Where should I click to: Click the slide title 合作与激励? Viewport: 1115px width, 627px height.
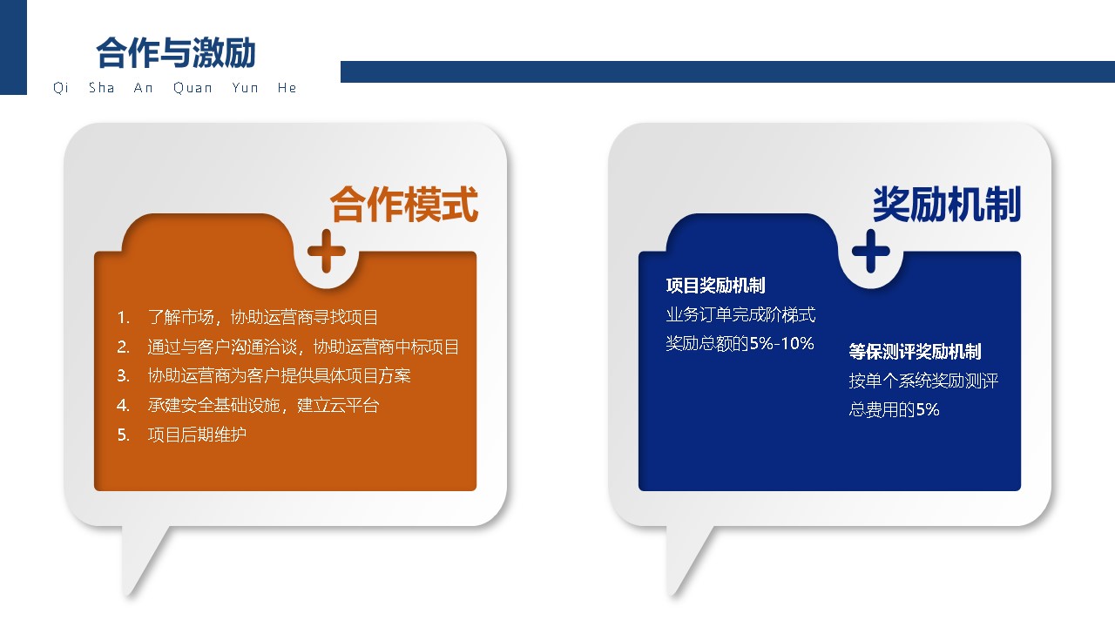click(x=176, y=52)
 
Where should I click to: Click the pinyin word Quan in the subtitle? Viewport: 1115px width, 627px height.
click(x=193, y=88)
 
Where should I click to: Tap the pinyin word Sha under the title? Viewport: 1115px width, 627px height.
click(x=102, y=88)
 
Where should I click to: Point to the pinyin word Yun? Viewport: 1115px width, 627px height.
click(x=245, y=88)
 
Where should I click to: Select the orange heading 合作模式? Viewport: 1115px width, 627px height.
click(x=403, y=204)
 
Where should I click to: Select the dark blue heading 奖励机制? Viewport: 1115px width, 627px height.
click(x=947, y=204)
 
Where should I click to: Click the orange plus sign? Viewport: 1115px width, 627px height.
click(x=327, y=252)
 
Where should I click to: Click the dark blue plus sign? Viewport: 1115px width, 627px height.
click(x=871, y=252)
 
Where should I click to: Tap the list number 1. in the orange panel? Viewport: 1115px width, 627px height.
click(x=124, y=318)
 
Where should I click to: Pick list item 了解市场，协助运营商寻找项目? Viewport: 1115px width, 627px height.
click(x=263, y=317)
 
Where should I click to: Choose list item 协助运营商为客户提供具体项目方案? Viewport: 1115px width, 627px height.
click(x=279, y=375)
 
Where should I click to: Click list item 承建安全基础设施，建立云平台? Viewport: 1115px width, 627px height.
click(x=263, y=405)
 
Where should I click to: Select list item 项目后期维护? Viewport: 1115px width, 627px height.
click(x=197, y=435)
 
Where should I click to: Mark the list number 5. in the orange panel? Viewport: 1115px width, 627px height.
click(x=124, y=435)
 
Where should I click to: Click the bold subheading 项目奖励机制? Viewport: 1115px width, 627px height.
click(x=716, y=285)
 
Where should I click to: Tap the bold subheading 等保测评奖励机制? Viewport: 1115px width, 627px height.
click(x=915, y=351)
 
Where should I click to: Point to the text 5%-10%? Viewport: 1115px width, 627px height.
click(x=781, y=343)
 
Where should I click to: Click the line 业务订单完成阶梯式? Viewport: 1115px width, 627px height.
click(x=740, y=314)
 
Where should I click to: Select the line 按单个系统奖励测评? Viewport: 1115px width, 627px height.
click(x=923, y=381)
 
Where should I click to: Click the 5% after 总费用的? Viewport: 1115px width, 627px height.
click(x=928, y=409)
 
